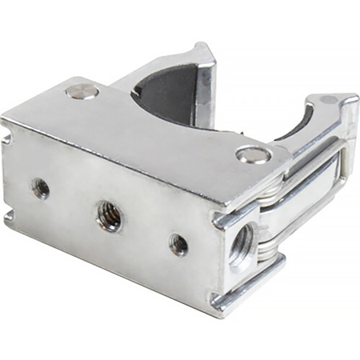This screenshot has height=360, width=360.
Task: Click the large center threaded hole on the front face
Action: pyautogui.click(x=109, y=214)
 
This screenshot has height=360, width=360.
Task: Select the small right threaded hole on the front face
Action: pyautogui.click(x=178, y=244)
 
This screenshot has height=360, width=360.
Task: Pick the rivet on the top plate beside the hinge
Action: pyautogui.click(x=253, y=154)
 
